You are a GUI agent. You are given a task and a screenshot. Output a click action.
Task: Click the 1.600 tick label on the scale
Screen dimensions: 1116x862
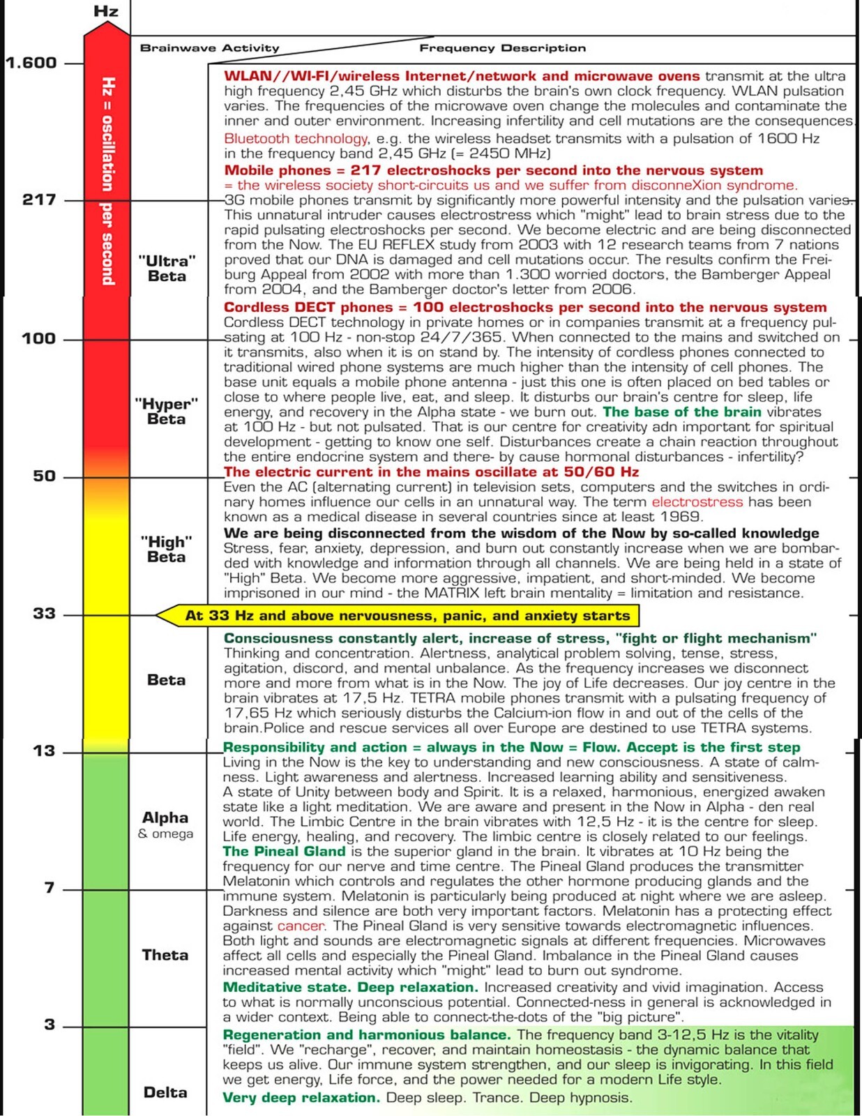click(31, 63)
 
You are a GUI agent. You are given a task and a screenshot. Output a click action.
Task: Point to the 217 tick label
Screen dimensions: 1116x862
click(39, 199)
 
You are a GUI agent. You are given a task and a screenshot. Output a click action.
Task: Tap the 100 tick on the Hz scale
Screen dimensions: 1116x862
click(39, 339)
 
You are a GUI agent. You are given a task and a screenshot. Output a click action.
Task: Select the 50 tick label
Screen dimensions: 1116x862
click(45, 476)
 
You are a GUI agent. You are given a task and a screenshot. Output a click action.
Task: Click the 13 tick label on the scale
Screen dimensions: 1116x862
click(45, 751)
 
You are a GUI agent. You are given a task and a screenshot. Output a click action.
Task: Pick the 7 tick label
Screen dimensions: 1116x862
click(49, 888)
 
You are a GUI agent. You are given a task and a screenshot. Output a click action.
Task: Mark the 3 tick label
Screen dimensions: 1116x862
click(49, 1025)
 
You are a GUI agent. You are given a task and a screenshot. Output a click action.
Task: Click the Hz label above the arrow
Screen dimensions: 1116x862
click(106, 12)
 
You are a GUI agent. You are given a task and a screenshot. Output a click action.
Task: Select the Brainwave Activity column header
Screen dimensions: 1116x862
click(209, 48)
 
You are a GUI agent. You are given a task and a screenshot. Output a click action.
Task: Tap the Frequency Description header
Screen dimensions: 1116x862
click(502, 48)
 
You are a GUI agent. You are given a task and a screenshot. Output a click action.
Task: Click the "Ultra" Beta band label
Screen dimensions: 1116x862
click(167, 269)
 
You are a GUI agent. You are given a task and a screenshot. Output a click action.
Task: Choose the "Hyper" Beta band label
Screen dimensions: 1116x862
click(166, 412)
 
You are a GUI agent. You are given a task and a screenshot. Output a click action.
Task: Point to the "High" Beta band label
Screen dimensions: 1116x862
click(166, 549)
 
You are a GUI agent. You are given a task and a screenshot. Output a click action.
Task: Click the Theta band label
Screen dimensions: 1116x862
click(165, 955)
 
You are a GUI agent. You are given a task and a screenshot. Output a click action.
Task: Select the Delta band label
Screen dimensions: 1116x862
click(165, 1092)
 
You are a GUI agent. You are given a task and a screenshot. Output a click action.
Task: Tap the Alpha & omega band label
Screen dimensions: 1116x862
click(165, 824)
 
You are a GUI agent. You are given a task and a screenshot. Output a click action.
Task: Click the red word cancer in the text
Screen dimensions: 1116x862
click(301, 926)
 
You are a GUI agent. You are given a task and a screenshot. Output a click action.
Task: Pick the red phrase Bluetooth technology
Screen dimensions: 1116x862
click(296, 139)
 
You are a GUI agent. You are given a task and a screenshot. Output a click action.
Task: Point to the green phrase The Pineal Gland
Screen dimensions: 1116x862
click(284, 852)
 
